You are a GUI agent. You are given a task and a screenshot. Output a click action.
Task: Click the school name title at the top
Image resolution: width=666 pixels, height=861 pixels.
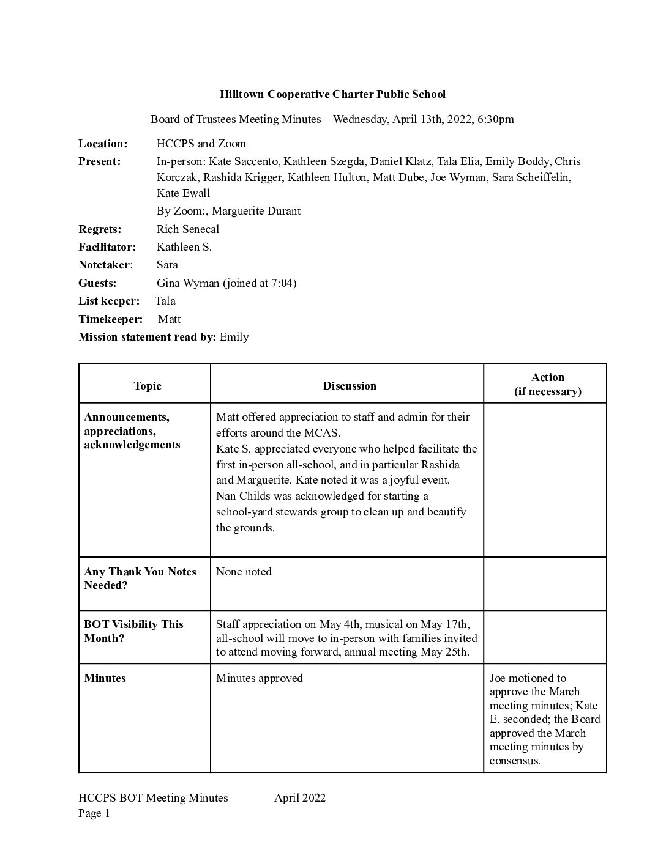pos(332,94)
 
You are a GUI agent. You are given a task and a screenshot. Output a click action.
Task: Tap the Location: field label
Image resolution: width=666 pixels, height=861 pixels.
pos(103,144)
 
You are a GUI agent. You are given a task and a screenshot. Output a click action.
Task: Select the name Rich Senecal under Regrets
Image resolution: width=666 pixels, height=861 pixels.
pos(187,229)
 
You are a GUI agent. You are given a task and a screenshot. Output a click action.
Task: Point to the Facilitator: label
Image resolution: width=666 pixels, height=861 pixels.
pos(107,247)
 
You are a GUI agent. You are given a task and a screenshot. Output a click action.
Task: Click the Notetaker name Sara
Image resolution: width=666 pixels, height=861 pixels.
pos(167,265)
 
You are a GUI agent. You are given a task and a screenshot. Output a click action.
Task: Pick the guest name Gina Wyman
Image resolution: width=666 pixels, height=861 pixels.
pos(187,283)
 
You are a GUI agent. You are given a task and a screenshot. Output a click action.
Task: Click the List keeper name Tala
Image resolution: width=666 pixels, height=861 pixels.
pos(165,301)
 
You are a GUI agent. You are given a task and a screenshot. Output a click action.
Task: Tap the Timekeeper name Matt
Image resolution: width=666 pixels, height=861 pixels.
pos(169,319)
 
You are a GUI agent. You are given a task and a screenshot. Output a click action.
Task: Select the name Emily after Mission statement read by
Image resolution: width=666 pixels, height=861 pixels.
pos(234,337)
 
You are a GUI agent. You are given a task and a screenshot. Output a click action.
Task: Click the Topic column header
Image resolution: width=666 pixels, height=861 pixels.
pos(148,386)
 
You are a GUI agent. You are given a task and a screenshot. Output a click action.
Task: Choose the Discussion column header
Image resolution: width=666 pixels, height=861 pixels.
pos(350,386)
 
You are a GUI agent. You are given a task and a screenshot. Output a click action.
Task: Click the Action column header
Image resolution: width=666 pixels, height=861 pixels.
pos(547,378)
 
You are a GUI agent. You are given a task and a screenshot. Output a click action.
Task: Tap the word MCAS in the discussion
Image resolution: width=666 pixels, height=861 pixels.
pos(321,433)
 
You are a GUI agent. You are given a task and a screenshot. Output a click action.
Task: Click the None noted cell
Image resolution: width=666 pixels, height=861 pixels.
pos(244,572)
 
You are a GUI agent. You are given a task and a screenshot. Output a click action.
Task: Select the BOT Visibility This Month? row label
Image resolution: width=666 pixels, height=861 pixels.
pos(133,631)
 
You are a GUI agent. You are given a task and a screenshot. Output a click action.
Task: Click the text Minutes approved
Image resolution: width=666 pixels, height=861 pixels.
pos(259,678)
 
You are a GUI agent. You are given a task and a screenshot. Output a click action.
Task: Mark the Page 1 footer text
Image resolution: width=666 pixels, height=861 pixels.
pos(94,813)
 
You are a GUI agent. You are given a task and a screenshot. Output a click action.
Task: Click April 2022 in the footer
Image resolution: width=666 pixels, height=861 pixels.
pos(300,798)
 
